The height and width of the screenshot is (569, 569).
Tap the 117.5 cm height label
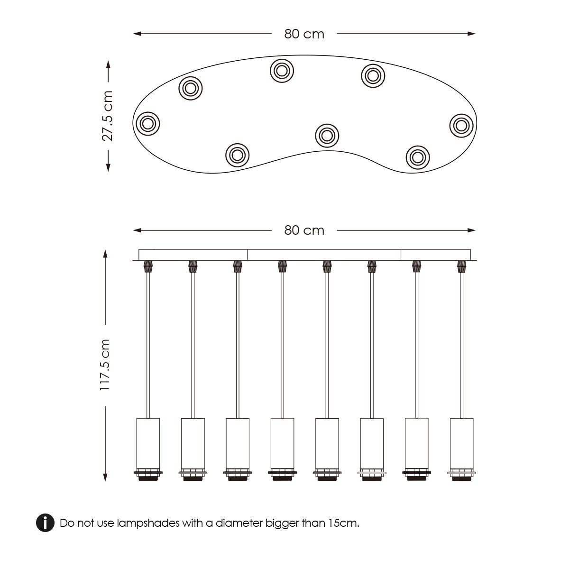pos(105,365)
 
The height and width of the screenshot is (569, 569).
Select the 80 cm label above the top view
pos(304,34)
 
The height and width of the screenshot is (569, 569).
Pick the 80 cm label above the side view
pos(304,230)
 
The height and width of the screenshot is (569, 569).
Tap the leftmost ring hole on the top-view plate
pos(147,124)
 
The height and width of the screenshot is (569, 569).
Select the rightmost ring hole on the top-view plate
pos(461,126)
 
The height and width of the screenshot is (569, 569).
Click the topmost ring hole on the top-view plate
pos(282,71)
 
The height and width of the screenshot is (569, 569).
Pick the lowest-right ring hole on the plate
pos(418,157)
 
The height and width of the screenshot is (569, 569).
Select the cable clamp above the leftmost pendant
pos(148,266)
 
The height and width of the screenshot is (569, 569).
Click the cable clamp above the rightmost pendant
pos(461,266)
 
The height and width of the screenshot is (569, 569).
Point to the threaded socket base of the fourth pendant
pos(282,475)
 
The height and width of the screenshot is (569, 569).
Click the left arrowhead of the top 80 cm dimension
pos(137,34)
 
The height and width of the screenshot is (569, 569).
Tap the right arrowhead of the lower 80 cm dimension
pos(471,230)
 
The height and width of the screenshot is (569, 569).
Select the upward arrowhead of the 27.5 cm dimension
pos(108,64)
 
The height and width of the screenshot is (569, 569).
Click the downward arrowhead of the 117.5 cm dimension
pos(105,477)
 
